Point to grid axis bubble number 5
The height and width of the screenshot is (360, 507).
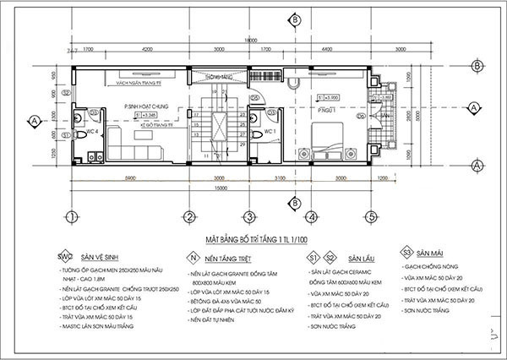(x=369, y=215)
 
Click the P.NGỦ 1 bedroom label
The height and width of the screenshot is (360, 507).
(x=319, y=110)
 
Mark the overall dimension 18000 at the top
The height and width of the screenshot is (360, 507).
(x=246, y=40)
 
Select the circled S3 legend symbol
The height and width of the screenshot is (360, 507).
(x=406, y=252)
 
